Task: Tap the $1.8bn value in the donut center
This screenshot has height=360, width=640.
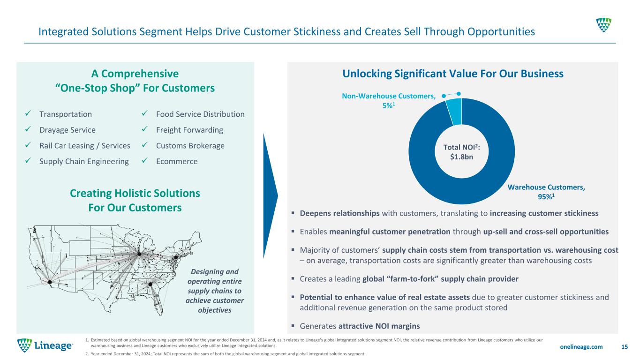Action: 461,157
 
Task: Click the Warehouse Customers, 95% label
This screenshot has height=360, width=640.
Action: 546,192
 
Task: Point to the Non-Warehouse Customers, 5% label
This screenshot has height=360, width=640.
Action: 389,101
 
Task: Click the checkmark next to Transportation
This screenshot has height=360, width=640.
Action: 28,113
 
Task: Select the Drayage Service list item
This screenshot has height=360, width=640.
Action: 68,130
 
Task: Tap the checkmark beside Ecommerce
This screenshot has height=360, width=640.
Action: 144,161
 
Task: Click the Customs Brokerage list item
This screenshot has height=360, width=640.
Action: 190,146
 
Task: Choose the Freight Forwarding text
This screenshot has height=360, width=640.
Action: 189,130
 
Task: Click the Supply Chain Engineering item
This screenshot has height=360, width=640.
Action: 84,161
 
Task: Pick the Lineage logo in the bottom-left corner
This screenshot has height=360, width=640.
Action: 45,345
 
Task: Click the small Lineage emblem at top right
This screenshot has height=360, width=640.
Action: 603,25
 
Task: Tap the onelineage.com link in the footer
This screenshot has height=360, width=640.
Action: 581,346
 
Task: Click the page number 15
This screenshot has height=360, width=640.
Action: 625,346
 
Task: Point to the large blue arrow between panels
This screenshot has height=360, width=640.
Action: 270,196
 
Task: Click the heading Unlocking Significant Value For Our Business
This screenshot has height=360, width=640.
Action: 453,74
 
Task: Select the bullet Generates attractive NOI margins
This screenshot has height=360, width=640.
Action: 360,326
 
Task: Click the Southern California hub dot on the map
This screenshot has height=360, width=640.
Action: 50,282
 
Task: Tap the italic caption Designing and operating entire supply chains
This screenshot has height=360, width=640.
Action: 215,291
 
